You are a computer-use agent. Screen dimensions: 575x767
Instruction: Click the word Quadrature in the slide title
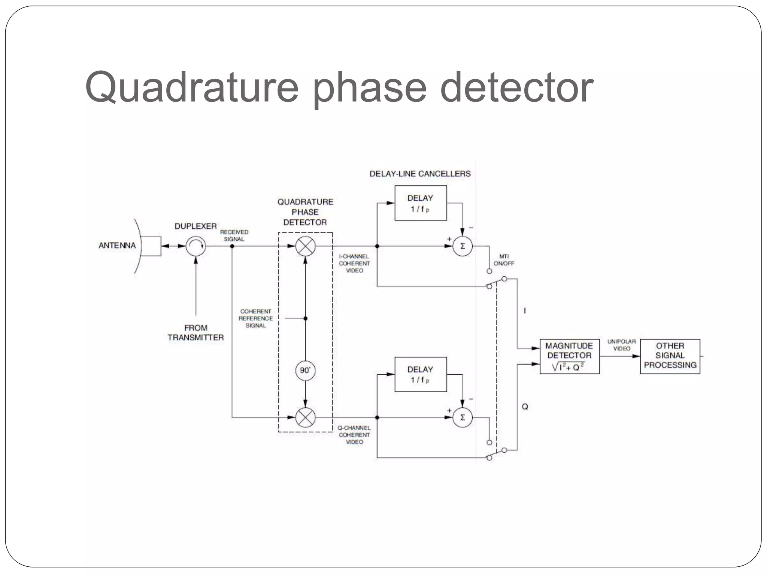click(191, 88)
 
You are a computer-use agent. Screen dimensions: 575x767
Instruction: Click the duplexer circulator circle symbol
click(196, 246)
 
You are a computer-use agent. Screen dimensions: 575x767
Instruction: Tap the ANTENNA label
click(117, 246)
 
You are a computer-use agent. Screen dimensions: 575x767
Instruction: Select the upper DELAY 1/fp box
click(421, 203)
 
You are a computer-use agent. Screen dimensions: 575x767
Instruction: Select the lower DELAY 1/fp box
click(421, 374)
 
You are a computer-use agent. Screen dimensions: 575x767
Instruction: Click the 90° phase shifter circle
click(305, 370)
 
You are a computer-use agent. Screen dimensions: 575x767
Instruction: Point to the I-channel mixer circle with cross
click(306, 246)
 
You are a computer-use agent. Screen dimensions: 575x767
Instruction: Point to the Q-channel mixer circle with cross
click(306, 417)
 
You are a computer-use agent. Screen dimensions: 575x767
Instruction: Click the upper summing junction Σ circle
click(463, 246)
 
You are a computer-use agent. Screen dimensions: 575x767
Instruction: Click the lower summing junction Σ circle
click(463, 417)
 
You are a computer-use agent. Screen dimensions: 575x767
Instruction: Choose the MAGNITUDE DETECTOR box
click(569, 356)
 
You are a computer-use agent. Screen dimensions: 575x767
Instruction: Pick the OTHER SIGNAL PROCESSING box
click(670, 356)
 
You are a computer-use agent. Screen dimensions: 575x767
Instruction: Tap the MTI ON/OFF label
click(504, 260)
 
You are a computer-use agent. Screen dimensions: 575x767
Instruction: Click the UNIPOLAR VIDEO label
click(621, 345)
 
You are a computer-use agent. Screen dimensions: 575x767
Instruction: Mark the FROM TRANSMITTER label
click(195, 332)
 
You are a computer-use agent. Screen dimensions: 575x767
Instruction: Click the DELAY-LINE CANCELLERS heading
click(420, 174)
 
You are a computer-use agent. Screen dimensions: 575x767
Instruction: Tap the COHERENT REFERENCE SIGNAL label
click(256, 318)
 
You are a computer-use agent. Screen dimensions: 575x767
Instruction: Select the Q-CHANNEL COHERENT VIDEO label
click(354, 435)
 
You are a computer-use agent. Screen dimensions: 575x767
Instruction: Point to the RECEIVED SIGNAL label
click(234, 235)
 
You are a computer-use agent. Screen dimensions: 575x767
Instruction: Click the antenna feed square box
click(151, 246)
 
